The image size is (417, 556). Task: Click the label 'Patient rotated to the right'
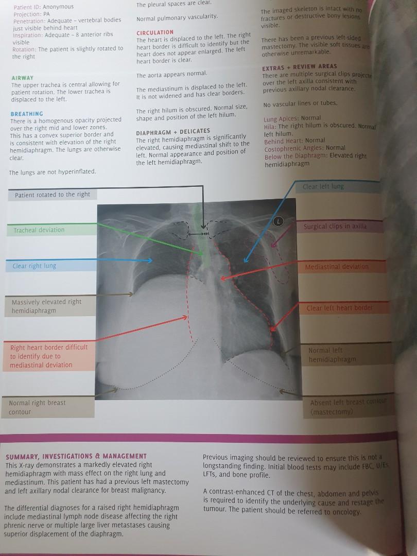click(53, 195)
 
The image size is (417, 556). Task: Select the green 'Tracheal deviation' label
click(39, 230)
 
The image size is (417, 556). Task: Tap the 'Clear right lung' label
click(34, 266)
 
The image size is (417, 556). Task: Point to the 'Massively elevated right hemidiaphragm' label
click(47, 306)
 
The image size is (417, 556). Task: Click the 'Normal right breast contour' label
click(37, 407)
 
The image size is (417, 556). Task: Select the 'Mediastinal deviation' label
click(337, 267)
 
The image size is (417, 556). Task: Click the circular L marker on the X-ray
click(279, 221)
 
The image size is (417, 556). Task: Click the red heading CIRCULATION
click(155, 32)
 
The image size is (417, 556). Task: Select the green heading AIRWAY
click(22, 78)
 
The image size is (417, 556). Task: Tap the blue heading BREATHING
click(27, 113)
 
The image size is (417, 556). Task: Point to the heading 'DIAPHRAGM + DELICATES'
click(173, 131)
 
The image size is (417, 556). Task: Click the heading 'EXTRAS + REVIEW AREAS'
click(300, 66)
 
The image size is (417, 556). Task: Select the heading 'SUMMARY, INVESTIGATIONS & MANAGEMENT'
click(76, 456)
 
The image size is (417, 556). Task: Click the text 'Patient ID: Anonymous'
click(43, 7)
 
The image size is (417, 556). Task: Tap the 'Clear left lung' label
click(323, 186)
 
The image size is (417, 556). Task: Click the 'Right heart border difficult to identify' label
click(48, 356)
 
